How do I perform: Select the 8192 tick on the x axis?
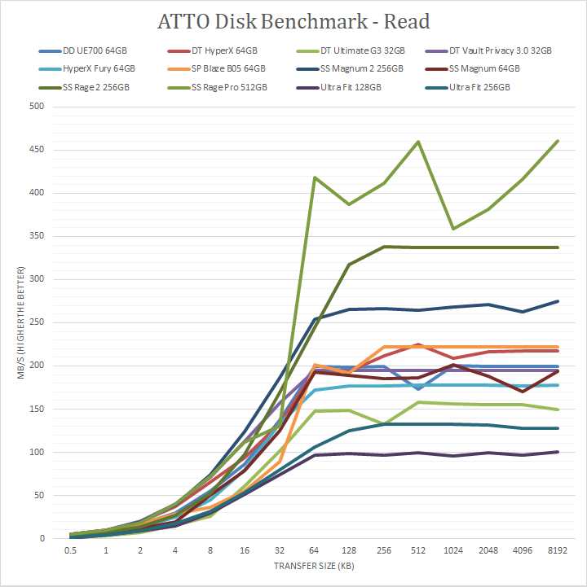click(558, 551)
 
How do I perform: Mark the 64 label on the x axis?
click(316, 551)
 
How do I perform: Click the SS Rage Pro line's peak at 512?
click(418, 142)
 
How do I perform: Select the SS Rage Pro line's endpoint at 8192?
click(558, 141)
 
